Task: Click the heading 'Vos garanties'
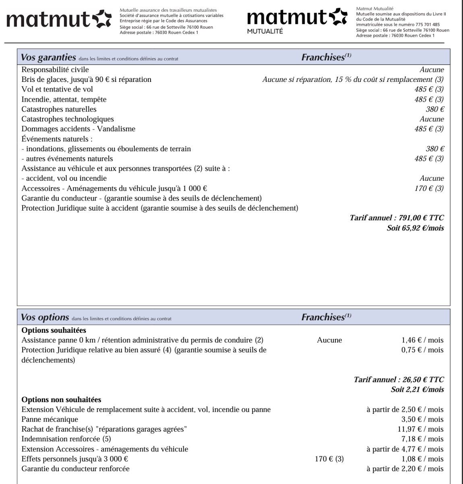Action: (x=48, y=57)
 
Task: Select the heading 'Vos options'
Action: (x=45, y=317)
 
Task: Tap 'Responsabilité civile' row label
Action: (x=55, y=70)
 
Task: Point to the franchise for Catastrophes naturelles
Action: (x=435, y=109)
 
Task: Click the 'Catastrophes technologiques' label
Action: (x=68, y=119)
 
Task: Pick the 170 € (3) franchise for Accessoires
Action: (x=429, y=188)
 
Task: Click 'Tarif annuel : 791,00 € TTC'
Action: (x=397, y=218)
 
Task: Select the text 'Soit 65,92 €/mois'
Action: (x=415, y=228)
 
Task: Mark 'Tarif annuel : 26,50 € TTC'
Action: (x=399, y=380)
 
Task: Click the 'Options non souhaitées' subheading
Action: (x=61, y=400)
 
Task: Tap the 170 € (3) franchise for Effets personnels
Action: (x=329, y=459)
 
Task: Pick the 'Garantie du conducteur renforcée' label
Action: (x=75, y=469)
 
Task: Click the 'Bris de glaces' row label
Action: (x=86, y=79)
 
